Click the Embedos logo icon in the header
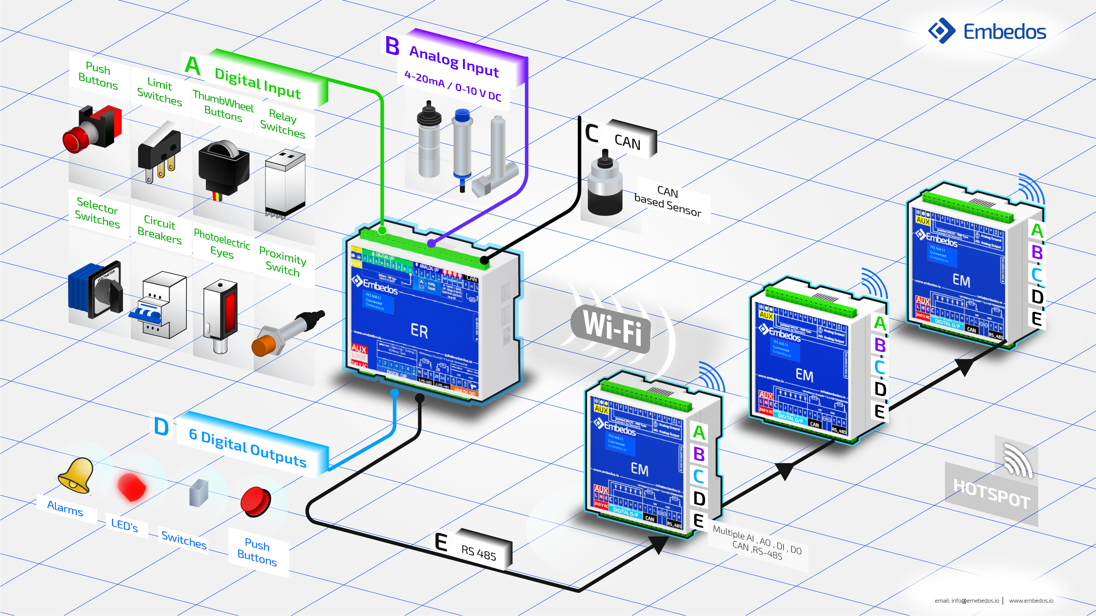[x=942, y=31]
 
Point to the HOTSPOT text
[x=991, y=494]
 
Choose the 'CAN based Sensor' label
[x=668, y=201]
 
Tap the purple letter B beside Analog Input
[x=392, y=46]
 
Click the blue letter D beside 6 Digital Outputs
[x=161, y=427]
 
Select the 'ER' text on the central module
[x=419, y=331]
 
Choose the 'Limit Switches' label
[x=159, y=92]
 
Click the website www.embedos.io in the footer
[x=1031, y=600]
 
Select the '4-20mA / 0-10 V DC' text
[x=453, y=86]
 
